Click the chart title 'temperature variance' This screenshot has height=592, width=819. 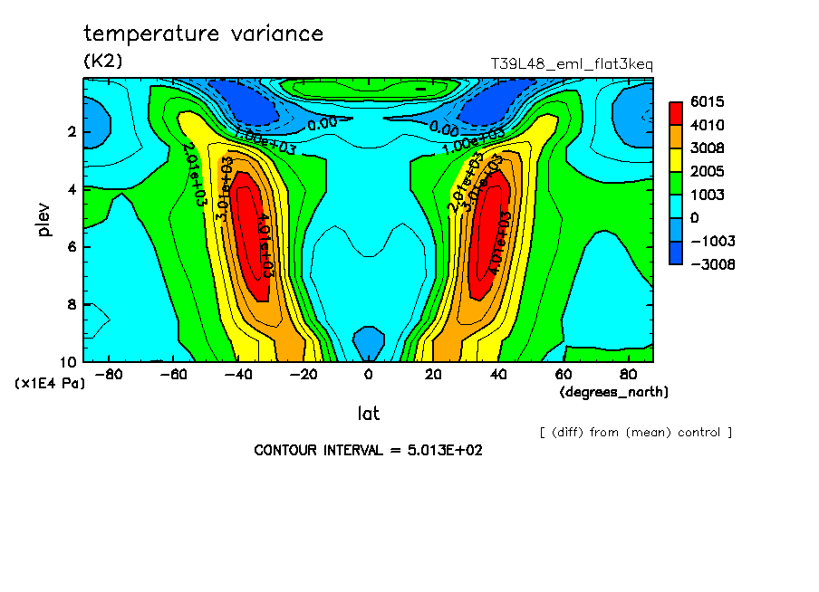click(203, 34)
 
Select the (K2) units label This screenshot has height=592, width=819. click(102, 62)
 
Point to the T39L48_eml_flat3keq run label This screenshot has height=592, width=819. click(571, 64)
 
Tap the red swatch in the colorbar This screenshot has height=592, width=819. click(676, 113)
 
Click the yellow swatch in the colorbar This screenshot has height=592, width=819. click(676, 159)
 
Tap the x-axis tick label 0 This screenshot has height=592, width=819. click(368, 373)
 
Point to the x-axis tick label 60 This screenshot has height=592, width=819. click(562, 373)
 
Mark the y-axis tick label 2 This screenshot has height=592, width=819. click(71, 133)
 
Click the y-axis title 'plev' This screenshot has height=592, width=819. click(44, 220)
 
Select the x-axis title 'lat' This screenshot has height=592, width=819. click(368, 414)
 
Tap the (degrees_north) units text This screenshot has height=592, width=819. click(614, 391)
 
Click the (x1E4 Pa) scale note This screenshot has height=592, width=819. click(50, 383)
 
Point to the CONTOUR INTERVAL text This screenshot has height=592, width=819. click(368, 450)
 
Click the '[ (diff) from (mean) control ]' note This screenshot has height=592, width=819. click(635, 432)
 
